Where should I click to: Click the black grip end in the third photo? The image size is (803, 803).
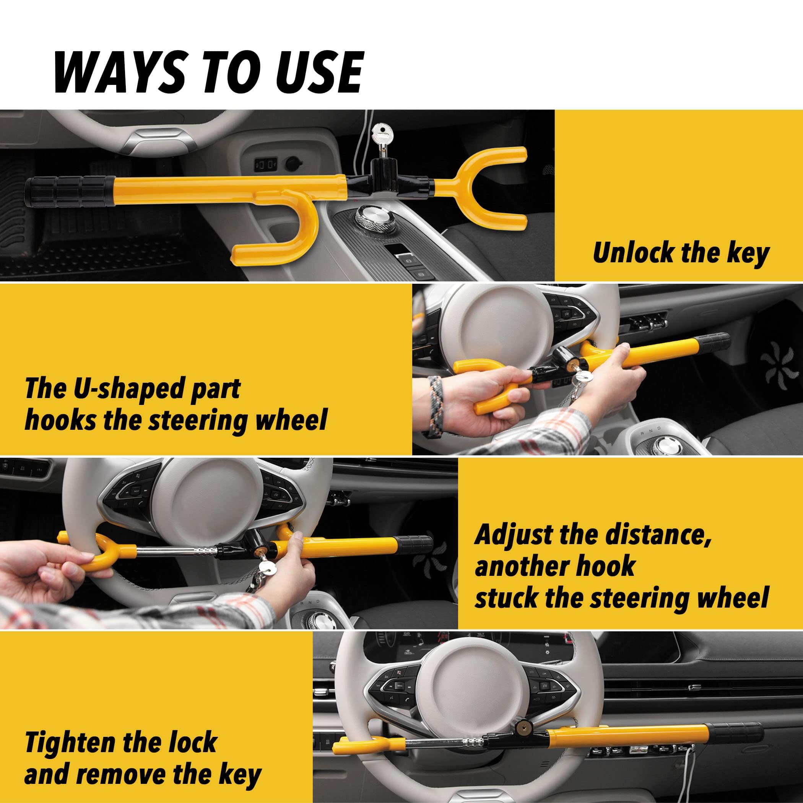tap(414, 542)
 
